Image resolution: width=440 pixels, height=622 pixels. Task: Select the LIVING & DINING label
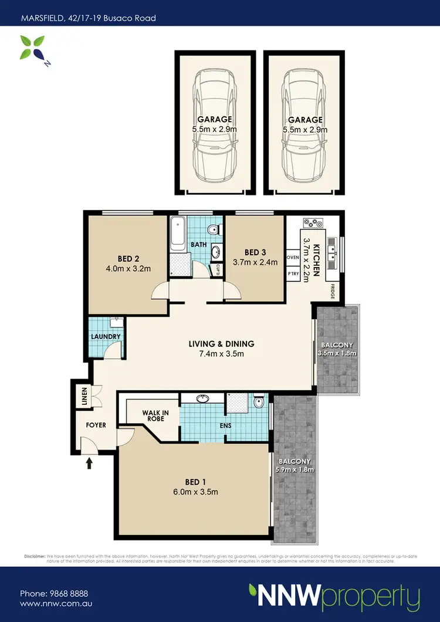(221, 344)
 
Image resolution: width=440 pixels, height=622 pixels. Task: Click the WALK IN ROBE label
(155, 417)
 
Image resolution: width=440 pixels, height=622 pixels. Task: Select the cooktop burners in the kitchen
(313, 223)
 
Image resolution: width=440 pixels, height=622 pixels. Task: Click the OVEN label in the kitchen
(293, 258)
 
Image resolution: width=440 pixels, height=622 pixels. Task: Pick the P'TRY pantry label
(293, 273)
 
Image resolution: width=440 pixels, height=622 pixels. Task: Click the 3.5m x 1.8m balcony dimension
(337, 354)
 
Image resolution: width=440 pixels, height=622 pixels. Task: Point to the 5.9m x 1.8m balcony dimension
(295, 469)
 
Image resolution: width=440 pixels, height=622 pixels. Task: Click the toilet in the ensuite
(259, 403)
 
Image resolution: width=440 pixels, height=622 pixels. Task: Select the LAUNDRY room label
(106, 337)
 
